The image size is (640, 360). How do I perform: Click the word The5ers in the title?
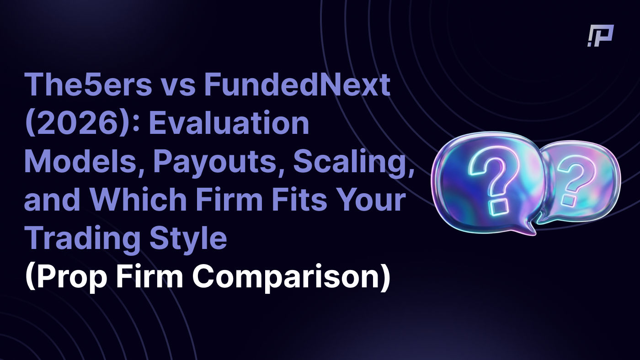(x=88, y=85)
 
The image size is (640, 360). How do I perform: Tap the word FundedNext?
(x=297, y=85)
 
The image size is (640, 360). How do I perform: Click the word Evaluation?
(x=229, y=123)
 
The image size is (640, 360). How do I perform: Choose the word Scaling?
(x=353, y=163)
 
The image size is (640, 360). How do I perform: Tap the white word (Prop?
(x=66, y=278)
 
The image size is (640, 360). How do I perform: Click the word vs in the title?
(x=178, y=87)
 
